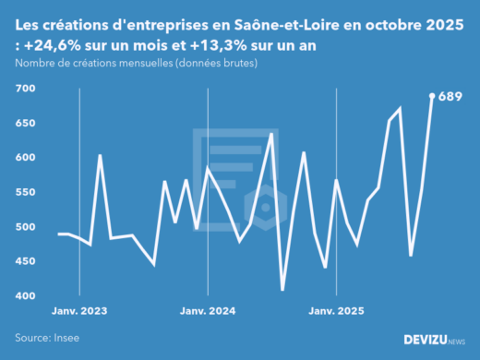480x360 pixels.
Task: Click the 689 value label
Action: click(450, 96)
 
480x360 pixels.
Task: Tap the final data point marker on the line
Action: click(432, 95)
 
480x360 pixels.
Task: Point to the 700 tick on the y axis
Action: click(25, 89)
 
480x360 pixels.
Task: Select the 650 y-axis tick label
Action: click(25, 123)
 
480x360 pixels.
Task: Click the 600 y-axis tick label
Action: click(25, 158)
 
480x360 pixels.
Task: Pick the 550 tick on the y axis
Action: click(25, 192)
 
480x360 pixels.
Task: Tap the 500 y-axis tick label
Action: click(25, 227)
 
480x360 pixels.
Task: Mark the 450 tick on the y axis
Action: click(25, 261)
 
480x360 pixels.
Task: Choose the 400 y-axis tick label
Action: click(25, 296)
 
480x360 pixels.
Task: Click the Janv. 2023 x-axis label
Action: click(79, 311)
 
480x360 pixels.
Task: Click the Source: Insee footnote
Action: click(47, 338)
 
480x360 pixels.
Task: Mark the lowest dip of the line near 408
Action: click(282, 290)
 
